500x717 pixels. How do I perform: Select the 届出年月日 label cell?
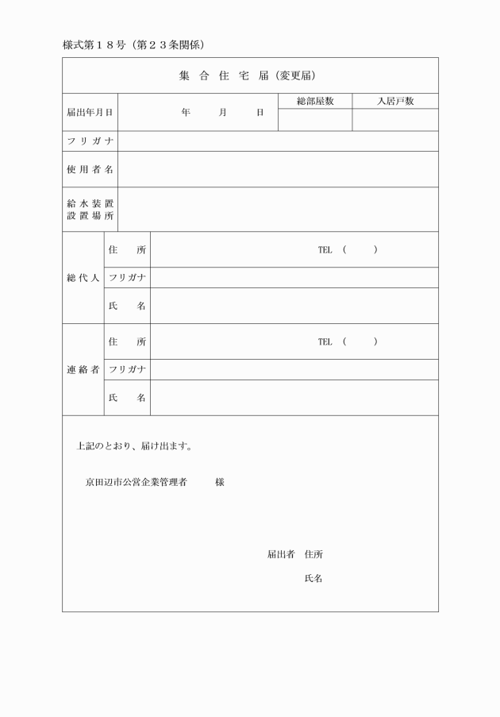click(90, 113)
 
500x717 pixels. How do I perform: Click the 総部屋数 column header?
click(314, 102)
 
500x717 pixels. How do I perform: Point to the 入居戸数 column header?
click(395, 102)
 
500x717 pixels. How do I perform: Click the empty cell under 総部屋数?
click(314, 121)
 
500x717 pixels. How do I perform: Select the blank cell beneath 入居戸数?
click(395, 121)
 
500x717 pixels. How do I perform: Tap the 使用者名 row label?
click(90, 169)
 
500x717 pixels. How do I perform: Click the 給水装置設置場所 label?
click(90, 210)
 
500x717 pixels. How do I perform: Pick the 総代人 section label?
click(83, 278)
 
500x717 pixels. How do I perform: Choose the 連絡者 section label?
click(83, 370)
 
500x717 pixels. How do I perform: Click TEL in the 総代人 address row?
click(325, 250)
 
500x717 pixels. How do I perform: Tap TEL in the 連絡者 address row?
click(325, 342)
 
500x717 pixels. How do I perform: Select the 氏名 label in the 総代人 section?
click(127, 306)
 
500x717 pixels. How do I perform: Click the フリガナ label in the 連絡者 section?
click(127, 370)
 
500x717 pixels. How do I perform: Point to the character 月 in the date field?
click(223, 113)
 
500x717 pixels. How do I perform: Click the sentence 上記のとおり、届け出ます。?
click(133, 446)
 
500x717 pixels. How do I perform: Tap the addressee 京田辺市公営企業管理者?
click(136, 482)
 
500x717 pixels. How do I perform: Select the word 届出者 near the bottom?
click(281, 554)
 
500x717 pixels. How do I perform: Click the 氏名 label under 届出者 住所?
click(313, 579)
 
